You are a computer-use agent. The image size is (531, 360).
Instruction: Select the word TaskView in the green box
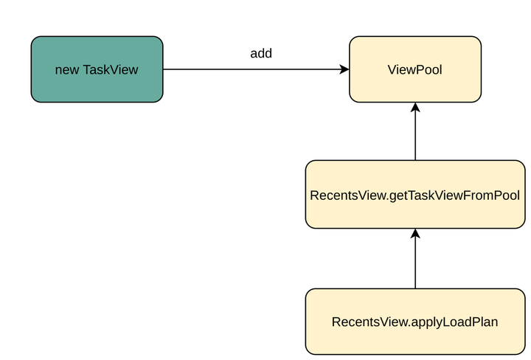tap(111, 70)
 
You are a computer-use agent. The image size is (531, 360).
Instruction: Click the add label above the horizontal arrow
tap(261, 54)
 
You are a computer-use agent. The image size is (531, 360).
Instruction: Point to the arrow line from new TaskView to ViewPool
tap(251, 69)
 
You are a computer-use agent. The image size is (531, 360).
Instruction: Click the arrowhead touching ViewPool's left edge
tap(344, 69)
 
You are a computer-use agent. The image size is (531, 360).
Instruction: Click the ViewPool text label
tap(415, 70)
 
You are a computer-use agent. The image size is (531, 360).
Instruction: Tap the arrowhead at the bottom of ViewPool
tap(415, 108)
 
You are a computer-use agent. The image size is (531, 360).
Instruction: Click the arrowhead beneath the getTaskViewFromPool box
tap(415, 234)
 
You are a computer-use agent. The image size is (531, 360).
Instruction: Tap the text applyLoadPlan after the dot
tap(462, 322)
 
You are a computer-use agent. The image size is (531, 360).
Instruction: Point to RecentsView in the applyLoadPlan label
tap(361, 322)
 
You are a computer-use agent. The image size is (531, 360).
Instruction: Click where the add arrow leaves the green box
tap(164, 69)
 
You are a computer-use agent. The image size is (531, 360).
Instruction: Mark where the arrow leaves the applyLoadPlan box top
tap(415, 288)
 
